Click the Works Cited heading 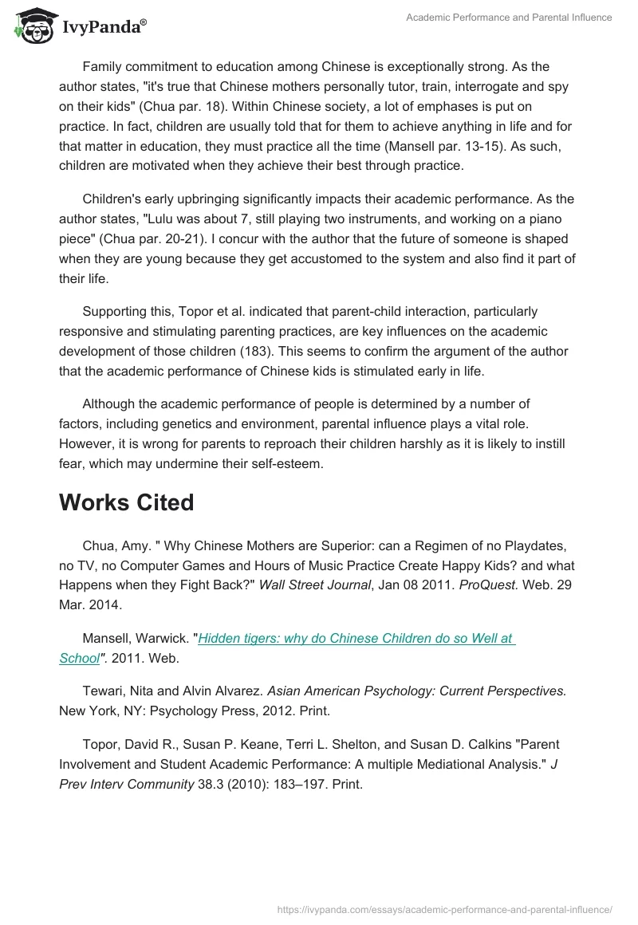pos(126,503)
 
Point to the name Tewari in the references pos(101,691)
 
